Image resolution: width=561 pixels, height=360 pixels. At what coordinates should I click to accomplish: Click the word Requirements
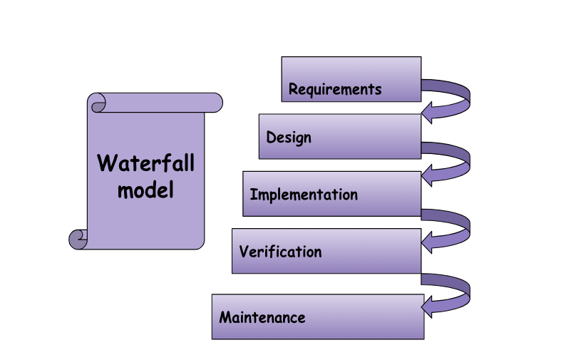tap(335, 90)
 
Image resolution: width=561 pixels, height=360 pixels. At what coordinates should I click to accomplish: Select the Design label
tap(289, 137)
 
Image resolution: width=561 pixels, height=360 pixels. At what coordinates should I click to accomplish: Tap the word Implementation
tap(304, 195)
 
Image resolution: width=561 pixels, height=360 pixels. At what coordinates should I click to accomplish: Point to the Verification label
tap(280, 252)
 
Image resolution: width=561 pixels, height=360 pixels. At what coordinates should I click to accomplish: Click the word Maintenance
tap(262, 317)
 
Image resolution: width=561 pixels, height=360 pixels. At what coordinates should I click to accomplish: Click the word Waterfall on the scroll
tap(145, 163)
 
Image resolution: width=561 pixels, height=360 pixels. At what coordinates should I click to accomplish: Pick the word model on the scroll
tap(145, 190)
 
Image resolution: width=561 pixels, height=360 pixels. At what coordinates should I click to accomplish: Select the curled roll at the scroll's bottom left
tap(78, 239)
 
